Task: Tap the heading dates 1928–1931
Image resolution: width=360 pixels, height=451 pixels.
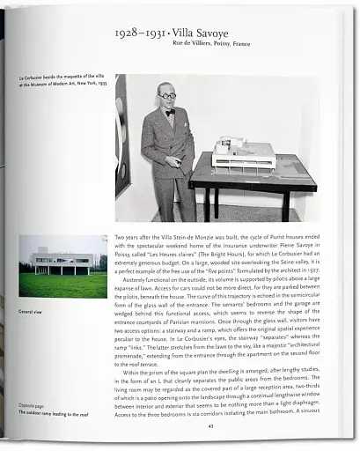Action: point(144,33)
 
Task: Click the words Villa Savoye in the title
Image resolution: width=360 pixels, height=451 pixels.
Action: point(208,33)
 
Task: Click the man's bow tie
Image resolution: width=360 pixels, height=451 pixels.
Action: point(169,113)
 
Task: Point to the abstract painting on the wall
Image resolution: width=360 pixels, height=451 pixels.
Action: point(122,132)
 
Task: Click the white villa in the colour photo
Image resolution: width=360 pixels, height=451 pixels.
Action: point(62,260)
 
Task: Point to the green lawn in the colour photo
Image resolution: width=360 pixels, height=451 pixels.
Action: point(62,284)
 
